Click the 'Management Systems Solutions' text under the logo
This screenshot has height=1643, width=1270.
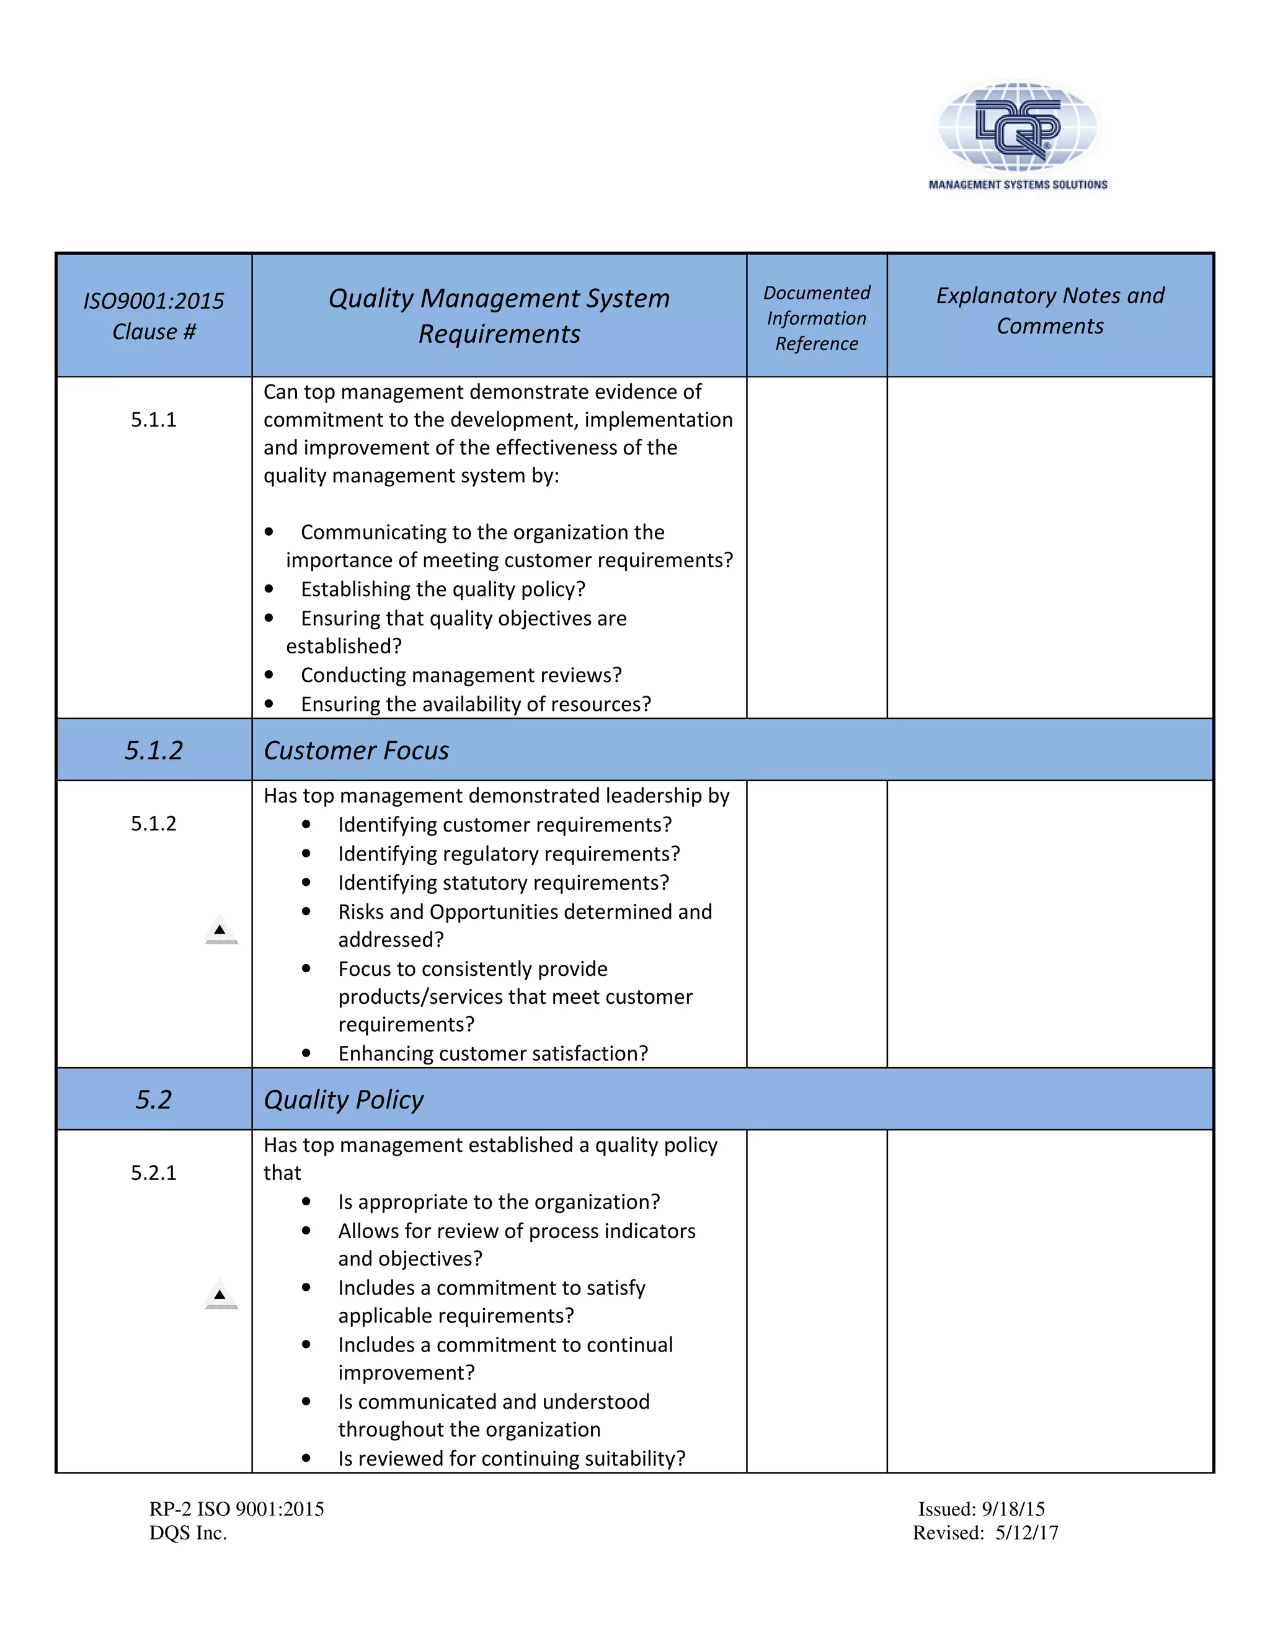point(1017,184)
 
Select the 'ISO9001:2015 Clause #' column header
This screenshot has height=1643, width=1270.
point(154,316)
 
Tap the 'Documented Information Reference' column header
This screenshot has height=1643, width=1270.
point(816,317)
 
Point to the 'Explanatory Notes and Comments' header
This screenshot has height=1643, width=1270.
point(1050,311)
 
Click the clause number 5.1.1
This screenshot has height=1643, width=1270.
point(154,420)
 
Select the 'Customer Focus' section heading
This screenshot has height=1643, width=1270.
point(356,751)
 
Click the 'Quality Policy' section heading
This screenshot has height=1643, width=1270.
point(344,1100)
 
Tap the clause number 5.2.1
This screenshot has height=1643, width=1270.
point(154,1173)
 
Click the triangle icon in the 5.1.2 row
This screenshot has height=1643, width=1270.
point(220,931)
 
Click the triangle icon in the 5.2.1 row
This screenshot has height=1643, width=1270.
point(220,1295)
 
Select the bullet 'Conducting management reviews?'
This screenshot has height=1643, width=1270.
point(461,675)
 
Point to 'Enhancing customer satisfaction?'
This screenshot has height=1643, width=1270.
point(493,1053)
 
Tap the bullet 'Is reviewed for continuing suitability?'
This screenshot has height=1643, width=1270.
point(512,1458)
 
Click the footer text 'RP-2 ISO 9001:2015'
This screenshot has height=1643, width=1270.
point(236,1509)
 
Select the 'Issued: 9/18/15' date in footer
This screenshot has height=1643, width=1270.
point(981,1509)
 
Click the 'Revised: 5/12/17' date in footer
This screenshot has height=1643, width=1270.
point(985,1533)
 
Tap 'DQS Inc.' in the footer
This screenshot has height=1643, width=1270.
point(188,1533)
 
